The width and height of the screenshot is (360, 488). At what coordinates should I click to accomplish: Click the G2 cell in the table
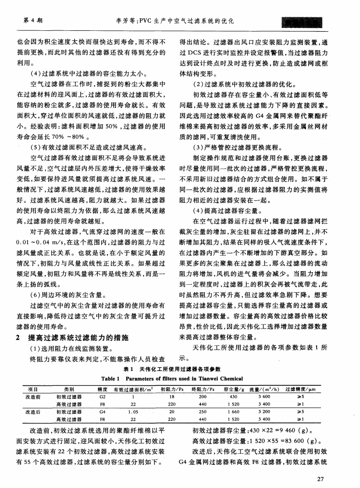[x=102, y=396]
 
